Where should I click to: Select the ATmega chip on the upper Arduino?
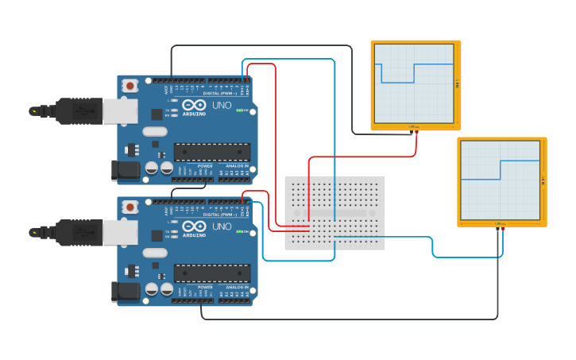pos(212,152)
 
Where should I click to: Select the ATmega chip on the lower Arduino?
pos(212,273)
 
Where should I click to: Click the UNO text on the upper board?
pos(221,105)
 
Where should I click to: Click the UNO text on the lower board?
pos(221,226)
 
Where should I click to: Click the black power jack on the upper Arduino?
pos(125,168)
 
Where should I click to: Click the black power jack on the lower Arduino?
pos(125,291)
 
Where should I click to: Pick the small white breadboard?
pos(334,213)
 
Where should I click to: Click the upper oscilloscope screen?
pos(413,83)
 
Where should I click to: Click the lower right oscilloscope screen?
pos(500,180)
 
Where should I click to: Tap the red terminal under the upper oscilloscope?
pos(416,132)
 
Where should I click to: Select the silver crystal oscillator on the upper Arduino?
pos(155,131)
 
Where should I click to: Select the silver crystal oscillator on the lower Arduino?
pos(155,253)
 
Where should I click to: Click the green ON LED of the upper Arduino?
pos(239,110)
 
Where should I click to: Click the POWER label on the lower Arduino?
pos(204,288)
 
